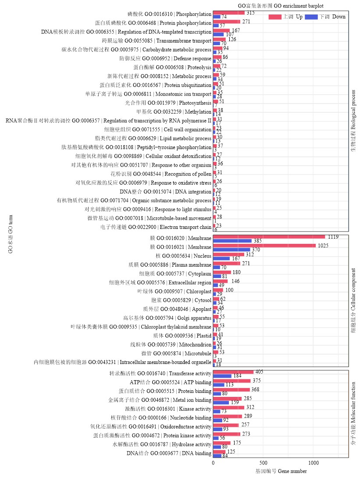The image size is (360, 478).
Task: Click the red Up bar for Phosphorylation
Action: click(x=228, y=12)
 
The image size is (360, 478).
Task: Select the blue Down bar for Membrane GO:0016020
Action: click(x=232, y=241)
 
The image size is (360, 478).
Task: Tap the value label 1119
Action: click(x=332, y=236)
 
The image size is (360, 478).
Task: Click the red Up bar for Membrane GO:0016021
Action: click(x=264, y=246)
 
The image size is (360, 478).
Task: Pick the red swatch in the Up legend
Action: click(x=274, y=17)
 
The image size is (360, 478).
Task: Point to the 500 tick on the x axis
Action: click(x=263, y=463)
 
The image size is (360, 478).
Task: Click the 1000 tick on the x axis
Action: click(x=313, y=463)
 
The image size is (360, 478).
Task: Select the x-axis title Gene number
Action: click(x=281, y=471)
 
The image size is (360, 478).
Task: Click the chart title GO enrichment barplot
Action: click(x=281, y=6)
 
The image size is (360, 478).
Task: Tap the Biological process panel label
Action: click(x=353, y=121)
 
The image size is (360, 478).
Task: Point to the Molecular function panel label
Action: click(x=353, y=414)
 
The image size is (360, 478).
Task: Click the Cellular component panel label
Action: click(x=353, y=300)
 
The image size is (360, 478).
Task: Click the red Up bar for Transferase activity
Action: click(x=233, y=372)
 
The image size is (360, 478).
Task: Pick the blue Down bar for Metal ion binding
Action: click(x=221, y=402)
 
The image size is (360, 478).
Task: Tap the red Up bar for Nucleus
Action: click(x=228, y=254)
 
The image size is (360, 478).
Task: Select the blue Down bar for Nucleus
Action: click(x=221, y=259)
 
